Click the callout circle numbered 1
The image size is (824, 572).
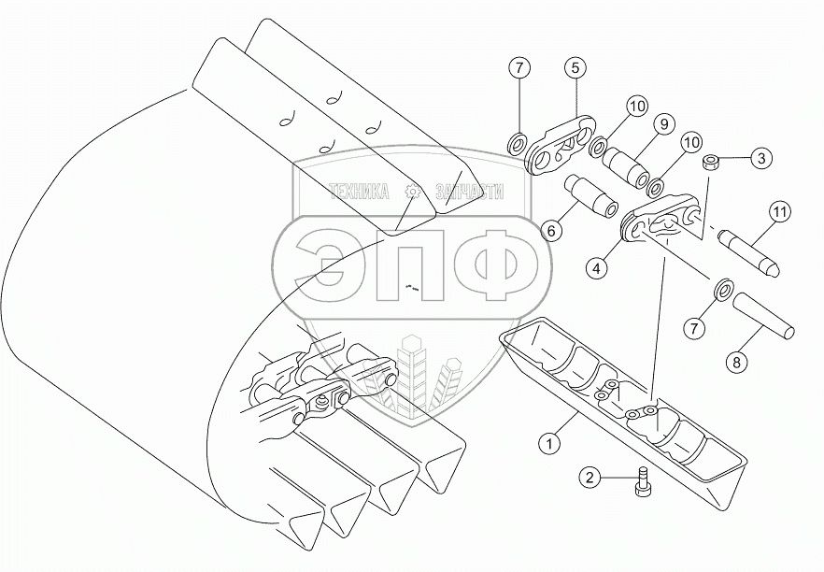pos(549,443)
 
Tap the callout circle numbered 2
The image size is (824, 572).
pos(590,478)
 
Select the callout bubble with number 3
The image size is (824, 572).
pos(761,158)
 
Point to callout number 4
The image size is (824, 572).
pos(596,268)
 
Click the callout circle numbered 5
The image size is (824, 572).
pos(575,67)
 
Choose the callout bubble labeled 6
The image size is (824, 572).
pos(551,230)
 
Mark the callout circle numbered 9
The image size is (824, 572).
pos(664,124)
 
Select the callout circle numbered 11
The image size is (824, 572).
pos(780,212)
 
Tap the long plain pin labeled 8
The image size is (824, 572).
pos(764,316)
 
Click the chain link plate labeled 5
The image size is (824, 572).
pos(561,147)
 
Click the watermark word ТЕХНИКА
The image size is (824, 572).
pos(359,192)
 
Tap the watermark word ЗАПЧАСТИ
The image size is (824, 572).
pos(469,192)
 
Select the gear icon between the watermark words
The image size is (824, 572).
pos(413,193)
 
